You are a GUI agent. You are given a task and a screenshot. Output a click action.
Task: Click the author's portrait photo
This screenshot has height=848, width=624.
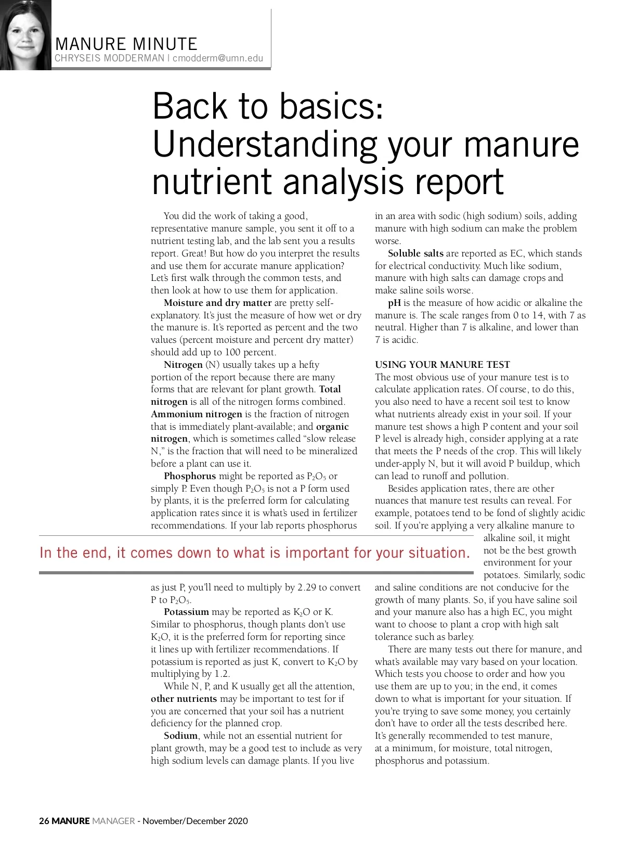tap(25, 35)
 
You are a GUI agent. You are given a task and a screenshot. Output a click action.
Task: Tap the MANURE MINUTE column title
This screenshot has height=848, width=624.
tap(126, 44)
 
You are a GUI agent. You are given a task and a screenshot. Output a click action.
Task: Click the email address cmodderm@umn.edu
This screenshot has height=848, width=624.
tap(218, 58)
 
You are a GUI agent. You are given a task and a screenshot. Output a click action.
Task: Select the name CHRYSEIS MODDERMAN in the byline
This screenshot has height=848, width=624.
tap(109, 58)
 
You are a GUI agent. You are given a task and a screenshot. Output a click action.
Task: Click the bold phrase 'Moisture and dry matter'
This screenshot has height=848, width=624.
tap(217, 303)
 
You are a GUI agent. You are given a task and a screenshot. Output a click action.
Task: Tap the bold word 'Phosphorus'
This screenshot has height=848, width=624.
tap(190, 476)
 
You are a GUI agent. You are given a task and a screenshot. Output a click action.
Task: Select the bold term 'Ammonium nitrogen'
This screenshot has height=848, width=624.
tap(197, 414)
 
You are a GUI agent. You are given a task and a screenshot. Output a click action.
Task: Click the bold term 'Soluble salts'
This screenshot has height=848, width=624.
tap(415, 253)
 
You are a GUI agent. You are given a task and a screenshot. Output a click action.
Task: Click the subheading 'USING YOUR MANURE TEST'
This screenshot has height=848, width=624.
tap(443, 365)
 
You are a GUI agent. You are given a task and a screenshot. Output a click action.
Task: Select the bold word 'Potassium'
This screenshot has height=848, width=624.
tap(186, 612)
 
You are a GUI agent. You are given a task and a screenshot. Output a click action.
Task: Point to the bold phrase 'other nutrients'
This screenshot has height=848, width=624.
tap(184, 699)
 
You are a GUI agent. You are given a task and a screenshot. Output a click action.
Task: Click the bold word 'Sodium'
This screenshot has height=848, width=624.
tap(180, 736)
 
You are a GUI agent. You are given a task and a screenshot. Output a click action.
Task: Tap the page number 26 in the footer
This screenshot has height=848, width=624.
tap(44, 821)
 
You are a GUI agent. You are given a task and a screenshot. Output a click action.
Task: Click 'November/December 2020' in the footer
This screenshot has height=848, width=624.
tap(195, 821)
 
